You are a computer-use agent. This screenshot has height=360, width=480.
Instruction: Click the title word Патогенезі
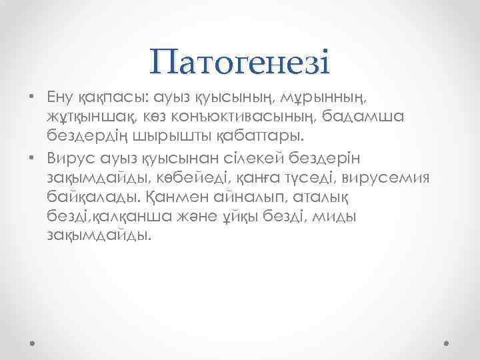(x=240, y=63)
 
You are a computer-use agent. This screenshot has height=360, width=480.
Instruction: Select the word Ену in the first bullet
(x=62, y=99)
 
